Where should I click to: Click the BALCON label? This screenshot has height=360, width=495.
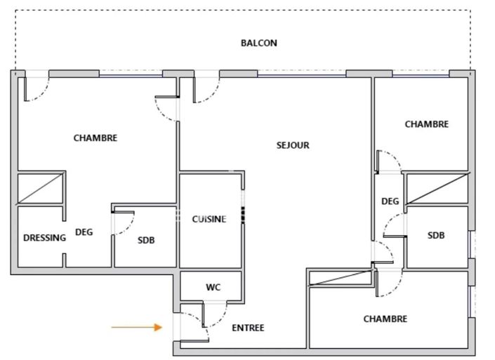pyautogui.click(x=258, y=43)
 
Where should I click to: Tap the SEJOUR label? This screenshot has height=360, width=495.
pyautogui.click(x=292, y=145)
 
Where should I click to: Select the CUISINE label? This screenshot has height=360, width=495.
pyautogui.click(x=209, y=219)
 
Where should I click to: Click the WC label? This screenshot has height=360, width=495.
pyautogui.click(x=213, y=288)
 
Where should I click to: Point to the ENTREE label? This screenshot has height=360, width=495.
pyautogui.click(x=248, y=328)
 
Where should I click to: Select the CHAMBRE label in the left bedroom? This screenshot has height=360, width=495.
pyautogui.click(x=95, y=138)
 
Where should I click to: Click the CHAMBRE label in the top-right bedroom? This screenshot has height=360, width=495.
pyautogui.click(x=426, y=124)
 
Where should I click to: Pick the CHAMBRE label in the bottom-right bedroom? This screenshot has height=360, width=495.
pyautogui.click(x=385, y=319)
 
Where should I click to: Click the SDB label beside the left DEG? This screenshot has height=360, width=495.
pyautogui.click(x=146, y=240)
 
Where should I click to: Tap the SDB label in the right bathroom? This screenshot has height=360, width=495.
pyautogui.click(x=435, y=236)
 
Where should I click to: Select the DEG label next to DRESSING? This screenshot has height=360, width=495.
pyautogui.click(x=84, y=232)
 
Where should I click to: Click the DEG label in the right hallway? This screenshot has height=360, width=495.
pyautogui.click(x=390, y=201)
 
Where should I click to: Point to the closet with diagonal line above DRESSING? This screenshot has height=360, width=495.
pyautogui.click(x=41, y=188)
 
